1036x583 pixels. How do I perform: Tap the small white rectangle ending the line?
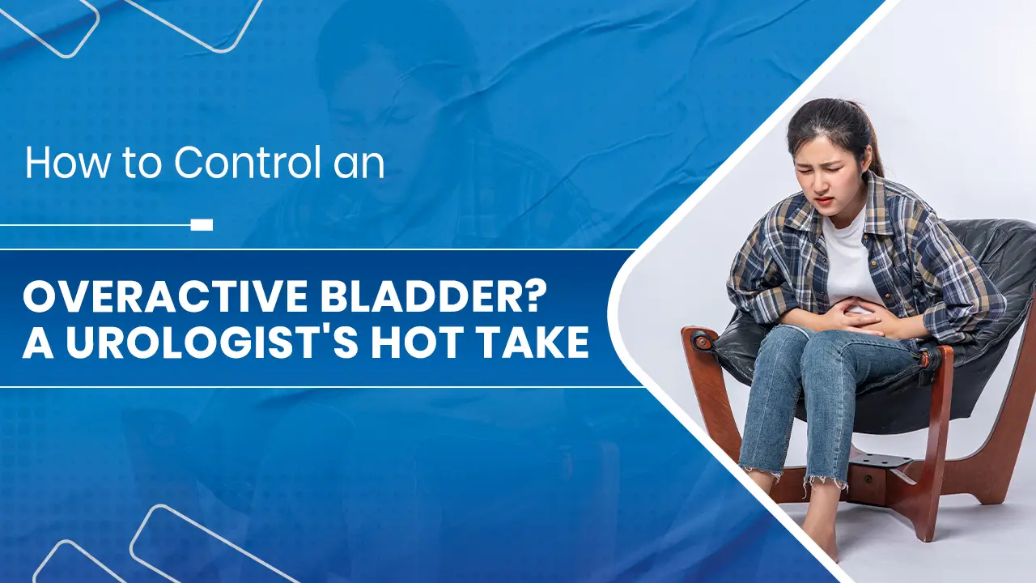click(202, 224)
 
